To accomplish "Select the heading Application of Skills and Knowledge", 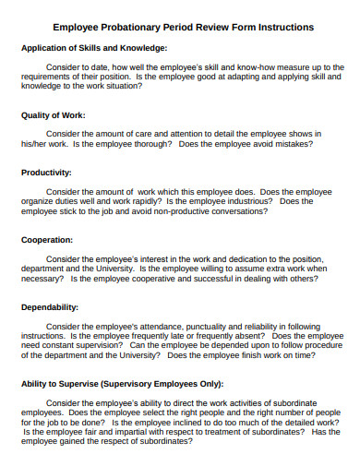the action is point(93,47).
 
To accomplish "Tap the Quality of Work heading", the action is point(54,115).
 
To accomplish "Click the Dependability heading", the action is point(50,306).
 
